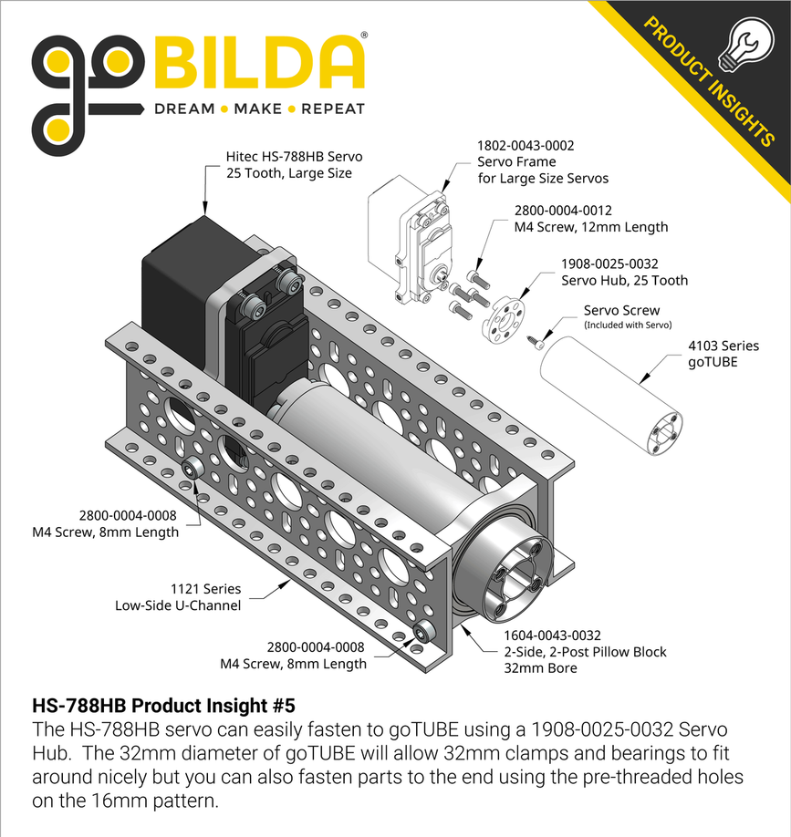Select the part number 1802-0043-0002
(526, 145)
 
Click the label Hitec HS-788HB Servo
(288, 156)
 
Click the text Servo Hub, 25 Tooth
(624, 280)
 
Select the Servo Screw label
(621, 310)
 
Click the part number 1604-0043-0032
(552, 635)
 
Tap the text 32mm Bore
(540, 668)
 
